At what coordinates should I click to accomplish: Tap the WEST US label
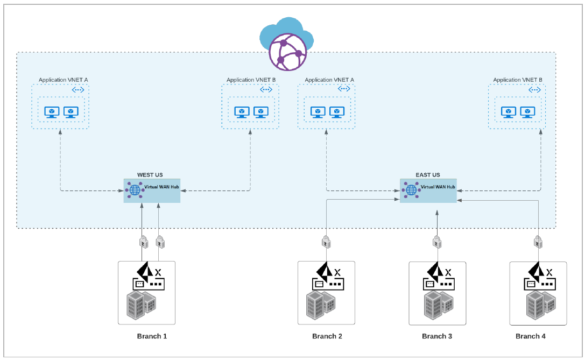pos(150,175)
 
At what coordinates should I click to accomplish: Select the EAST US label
pos(428,175)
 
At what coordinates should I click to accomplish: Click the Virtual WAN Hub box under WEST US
pos(152,190)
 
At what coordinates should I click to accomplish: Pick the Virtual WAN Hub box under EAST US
pos(428,190)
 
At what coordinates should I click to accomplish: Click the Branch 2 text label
pos(327,336)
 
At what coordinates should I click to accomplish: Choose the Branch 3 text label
pos(437,336)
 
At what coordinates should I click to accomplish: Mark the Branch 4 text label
pos(531,336)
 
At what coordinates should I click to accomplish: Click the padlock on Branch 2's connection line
pos(326,243)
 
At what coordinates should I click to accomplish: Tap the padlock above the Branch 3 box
pos(437,243)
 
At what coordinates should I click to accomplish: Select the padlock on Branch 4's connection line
pos(537,242)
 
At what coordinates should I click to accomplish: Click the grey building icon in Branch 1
pos(140,305)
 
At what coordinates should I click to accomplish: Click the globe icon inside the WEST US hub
pos(134,190)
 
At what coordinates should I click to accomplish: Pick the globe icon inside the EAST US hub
pos(411,190)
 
